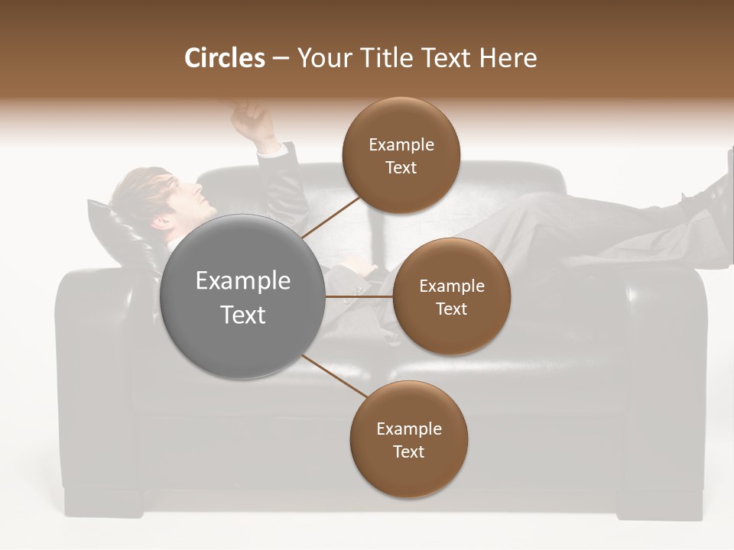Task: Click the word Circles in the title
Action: tap(225, 58)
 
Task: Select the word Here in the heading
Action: tap(508, 58)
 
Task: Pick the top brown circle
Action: tap(401, 155)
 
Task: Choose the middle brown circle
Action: tap(451, 296)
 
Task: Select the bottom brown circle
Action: tap(408, 439)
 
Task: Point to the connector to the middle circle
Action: tap(359, 296)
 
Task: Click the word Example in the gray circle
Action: tap(243, 281)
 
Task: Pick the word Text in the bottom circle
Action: tap(408, 451)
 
